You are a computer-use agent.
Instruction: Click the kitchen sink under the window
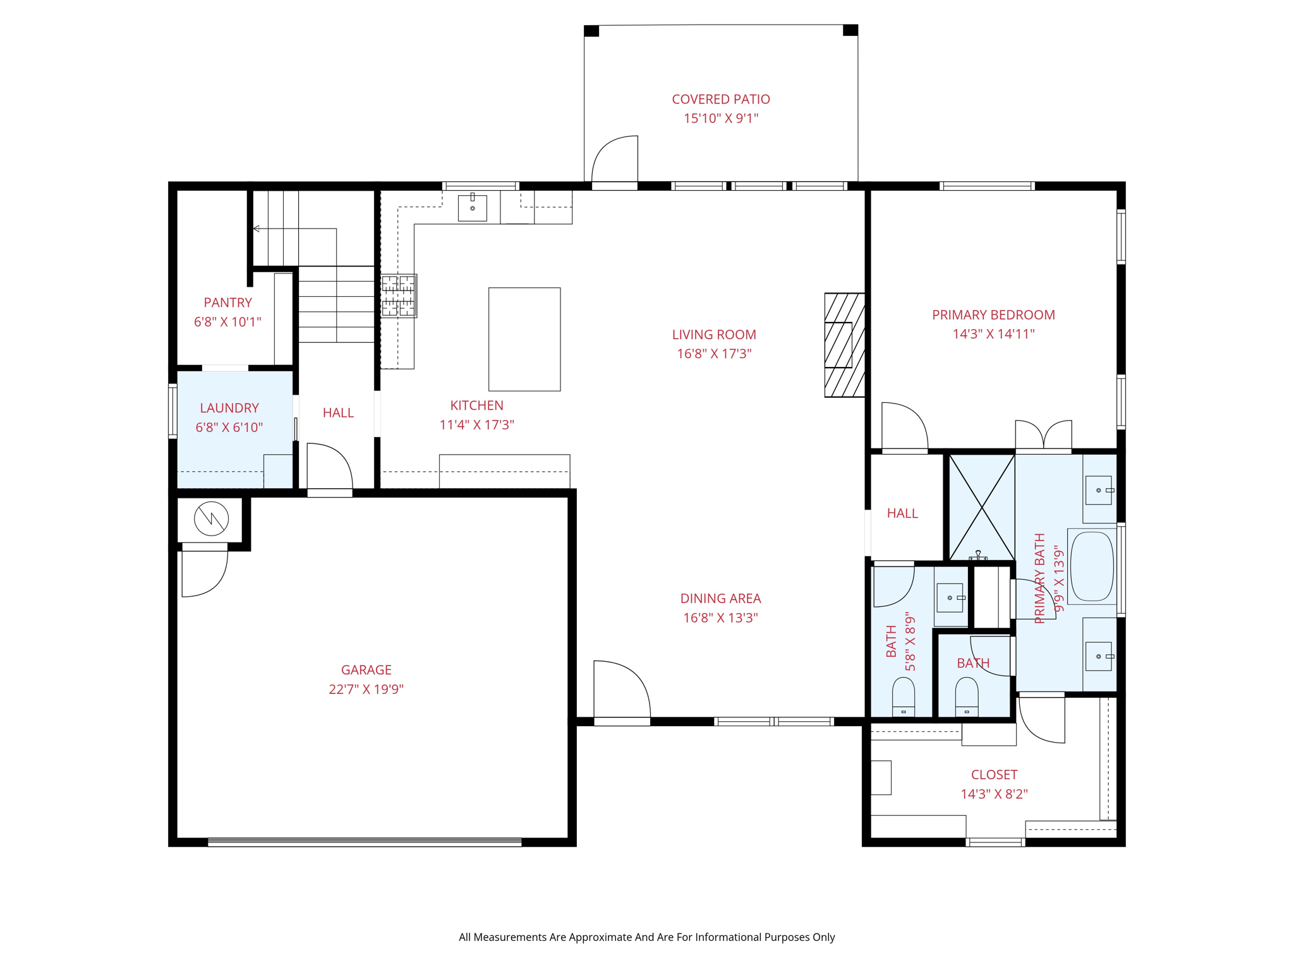point(472,207)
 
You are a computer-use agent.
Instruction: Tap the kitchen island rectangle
point(524,339)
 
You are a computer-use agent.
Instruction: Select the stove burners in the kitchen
point(399,296)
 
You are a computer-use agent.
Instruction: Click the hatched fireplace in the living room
point(845,345)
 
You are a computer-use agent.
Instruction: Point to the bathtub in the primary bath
point(1092,566)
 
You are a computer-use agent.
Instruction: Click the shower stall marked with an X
point(982,508)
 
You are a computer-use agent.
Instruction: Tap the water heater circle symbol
point(211,518)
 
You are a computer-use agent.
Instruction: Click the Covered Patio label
point(721,99)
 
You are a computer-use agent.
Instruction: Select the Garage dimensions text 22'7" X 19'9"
point(366,689)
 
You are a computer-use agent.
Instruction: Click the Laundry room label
point(229,408)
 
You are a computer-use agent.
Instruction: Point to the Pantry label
point(228,302)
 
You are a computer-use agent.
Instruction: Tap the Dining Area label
point(721,598)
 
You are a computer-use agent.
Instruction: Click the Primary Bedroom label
point(993,314)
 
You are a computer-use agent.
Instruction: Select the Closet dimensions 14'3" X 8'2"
point(995,794)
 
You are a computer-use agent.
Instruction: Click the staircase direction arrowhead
point(257,229)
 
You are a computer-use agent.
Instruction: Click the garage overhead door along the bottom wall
point(365,842)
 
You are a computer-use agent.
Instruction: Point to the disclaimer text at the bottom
point(647,937)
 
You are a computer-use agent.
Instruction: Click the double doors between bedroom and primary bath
point(1044,436)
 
